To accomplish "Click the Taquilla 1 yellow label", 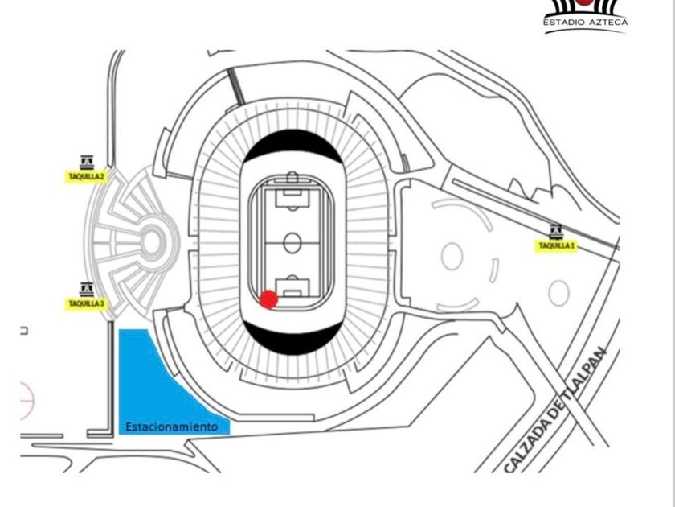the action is pos(556,246).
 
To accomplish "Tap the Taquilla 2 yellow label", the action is pos(86,177).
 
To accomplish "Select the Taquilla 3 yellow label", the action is pos(86,304).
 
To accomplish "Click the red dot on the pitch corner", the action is pos(268,299).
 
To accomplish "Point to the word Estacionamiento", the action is pos(172,427).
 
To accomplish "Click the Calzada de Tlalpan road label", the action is pos(556,410).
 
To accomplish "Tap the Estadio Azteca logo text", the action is pos(586,22).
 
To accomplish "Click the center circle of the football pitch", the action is pos(292,243).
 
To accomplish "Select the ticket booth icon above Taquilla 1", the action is pos(556,232).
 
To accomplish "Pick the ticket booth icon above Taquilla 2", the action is pos(87,162).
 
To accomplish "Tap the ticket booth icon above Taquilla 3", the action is pos(87,289).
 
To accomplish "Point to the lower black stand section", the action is pos(293,340).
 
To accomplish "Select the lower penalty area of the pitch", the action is pos(292,287).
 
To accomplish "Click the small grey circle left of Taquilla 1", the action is pos(452,257).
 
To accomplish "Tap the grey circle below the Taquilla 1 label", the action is pos(558,293).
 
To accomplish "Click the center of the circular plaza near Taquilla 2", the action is pos(152,243).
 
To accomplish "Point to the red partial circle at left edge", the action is pos(27,401).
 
